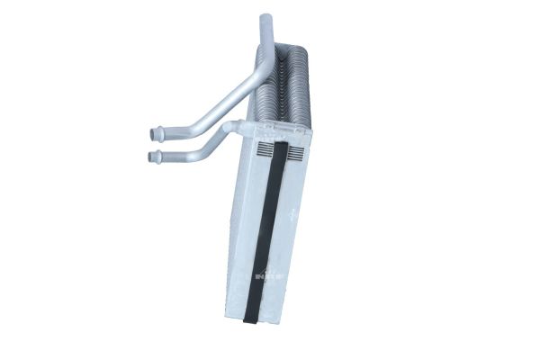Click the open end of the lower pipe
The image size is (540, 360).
point(149,158)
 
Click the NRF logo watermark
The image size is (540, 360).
point(270,273)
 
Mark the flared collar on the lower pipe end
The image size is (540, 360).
point(157,158)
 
